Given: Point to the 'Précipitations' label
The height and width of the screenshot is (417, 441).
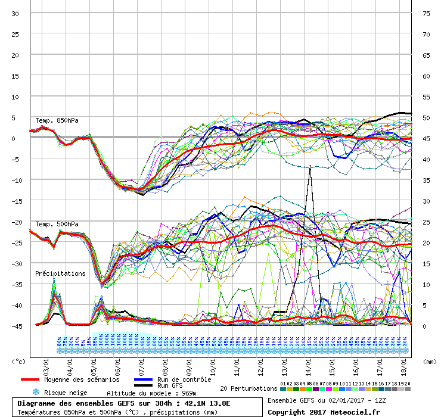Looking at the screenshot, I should tap(60, 273).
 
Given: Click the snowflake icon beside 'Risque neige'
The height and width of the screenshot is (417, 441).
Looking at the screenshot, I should tap(35, 393).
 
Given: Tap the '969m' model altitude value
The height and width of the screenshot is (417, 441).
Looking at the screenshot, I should tap(188, 393).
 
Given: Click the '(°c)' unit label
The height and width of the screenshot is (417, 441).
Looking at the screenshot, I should tap(19, 361).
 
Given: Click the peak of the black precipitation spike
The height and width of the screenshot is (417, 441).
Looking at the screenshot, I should tap(310, 166).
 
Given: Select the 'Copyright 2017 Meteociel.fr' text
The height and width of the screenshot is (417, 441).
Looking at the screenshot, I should tap(323, 412).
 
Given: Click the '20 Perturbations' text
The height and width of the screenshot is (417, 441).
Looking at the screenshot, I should tap(249, 388).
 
